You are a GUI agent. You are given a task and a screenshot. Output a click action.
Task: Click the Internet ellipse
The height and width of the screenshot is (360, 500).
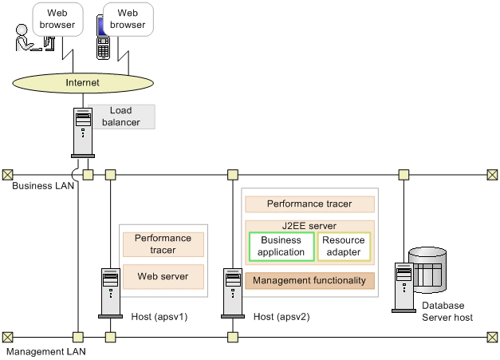point(83,82)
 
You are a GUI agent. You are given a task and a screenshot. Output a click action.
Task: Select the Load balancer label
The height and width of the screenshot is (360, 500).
point(121,117)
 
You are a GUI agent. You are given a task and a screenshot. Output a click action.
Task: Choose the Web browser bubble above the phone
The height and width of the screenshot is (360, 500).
point(128,19)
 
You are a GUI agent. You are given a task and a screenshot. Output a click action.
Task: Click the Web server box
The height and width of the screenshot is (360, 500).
point(162,276)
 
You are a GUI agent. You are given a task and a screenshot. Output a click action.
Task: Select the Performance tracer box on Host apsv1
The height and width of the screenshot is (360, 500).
point(162,243)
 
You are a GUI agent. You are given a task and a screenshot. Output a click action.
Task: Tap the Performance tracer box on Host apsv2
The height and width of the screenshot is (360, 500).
point(309,204)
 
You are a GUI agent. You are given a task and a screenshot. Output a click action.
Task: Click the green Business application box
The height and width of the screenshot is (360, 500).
point(281,246)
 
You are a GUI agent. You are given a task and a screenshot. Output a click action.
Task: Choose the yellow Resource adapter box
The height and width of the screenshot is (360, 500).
point(344,246)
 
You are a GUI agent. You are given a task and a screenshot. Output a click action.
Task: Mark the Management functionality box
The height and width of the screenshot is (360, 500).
point(309,280)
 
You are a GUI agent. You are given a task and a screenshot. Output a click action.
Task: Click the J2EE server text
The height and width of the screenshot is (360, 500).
point(309,226)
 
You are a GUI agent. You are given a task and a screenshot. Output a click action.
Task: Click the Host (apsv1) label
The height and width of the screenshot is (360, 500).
point(159,317)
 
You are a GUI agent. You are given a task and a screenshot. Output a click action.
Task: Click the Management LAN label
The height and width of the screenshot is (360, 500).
point(45,350)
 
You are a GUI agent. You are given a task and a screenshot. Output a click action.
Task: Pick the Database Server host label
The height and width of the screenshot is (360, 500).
point(446,311)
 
